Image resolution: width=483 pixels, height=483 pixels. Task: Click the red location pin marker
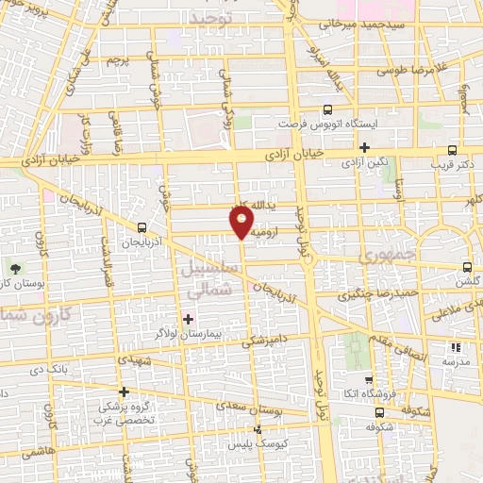241,221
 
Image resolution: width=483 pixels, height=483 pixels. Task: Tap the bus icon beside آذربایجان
142,227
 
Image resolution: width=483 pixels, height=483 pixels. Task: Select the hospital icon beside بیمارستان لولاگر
188,319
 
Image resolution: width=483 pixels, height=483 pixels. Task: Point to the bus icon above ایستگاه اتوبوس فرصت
327,109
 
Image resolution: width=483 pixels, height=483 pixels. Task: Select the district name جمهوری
392,255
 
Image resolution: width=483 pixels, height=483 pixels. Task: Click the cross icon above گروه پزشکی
124,391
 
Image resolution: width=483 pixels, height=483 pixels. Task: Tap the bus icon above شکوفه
379,411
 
